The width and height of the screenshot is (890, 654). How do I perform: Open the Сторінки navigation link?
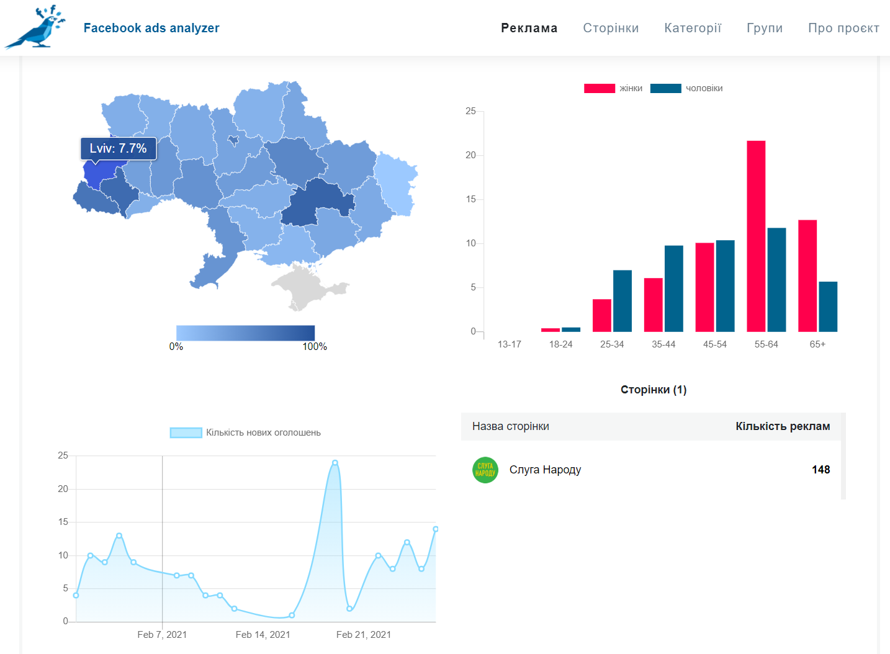coord(611,28)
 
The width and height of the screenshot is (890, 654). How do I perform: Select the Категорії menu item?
coord(693,28)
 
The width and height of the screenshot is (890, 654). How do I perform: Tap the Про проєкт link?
coord(843,28)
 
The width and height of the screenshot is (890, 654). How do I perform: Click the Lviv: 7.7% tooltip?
coord(119,148)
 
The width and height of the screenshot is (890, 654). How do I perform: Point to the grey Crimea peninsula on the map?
coord(308,287)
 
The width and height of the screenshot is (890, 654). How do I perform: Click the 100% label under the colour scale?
coord(315,346)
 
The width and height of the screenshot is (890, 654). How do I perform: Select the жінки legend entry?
coord(613,88)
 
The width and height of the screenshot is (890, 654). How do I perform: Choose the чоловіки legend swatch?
coord(665,88)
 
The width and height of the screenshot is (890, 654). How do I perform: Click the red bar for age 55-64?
coord(756,236)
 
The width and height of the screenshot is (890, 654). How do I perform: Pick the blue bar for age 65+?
coord(828,307)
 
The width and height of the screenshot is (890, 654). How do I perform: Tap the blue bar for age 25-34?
coord(623,301)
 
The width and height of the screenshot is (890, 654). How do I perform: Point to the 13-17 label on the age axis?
coord(510,344)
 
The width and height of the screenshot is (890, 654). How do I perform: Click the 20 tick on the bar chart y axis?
coord(470,155)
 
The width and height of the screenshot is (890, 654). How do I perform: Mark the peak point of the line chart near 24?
coord(335,462)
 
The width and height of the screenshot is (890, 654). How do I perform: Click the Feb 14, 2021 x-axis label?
coord(263,635)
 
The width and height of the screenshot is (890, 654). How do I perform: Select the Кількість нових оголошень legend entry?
coord(245,432)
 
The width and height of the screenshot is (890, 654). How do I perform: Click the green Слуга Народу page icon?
coord(485,470)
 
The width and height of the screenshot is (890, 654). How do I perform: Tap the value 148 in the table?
coord(821,470)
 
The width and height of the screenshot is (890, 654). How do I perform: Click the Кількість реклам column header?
coord(783,426)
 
